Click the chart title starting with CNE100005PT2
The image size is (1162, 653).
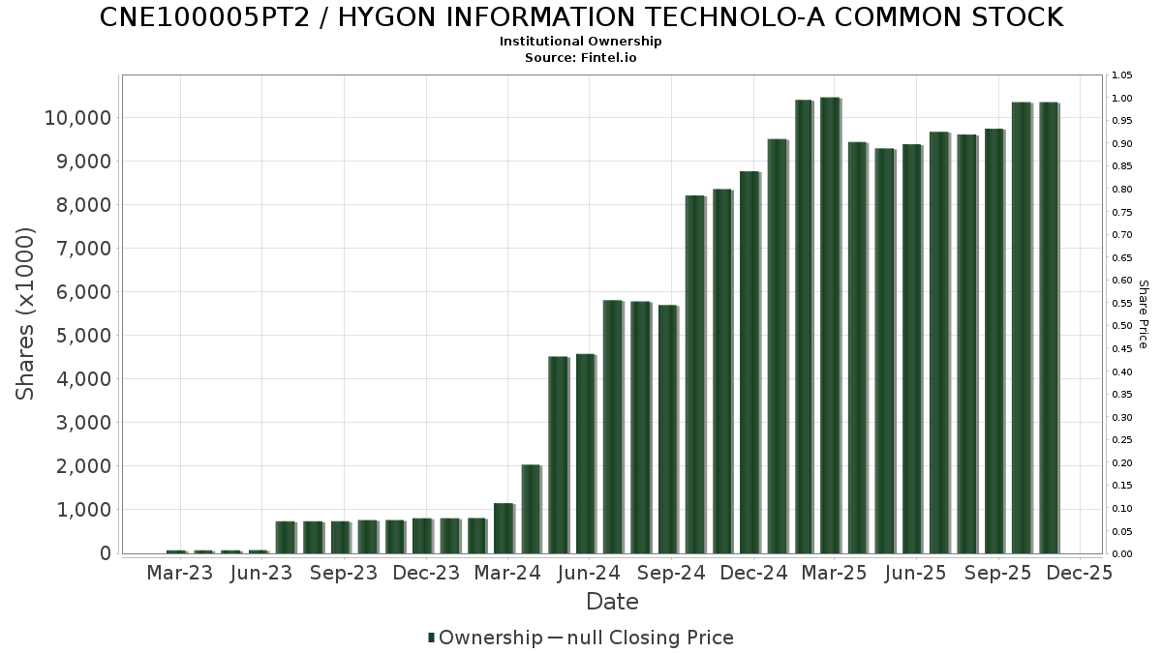tap(581, 17)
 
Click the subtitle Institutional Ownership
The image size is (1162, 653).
tap(581, 42)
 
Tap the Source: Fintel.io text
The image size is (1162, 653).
tap(581, 58)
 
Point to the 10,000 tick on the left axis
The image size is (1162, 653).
tap(78, 118)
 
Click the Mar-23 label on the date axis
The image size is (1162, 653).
tap(179, 574)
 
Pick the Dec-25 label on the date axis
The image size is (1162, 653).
tap(1080, 574)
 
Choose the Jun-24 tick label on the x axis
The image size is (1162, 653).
tap(589, 574)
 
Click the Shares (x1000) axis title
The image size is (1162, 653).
tap(26, 313)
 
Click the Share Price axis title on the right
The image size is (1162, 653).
tap(1143, 314)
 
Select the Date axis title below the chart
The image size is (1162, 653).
tap(612, 602)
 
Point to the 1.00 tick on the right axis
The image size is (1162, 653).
tap(1121, 99)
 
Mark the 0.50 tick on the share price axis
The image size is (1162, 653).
tap(1121, 326)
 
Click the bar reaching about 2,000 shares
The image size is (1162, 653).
tap(531, 509)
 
